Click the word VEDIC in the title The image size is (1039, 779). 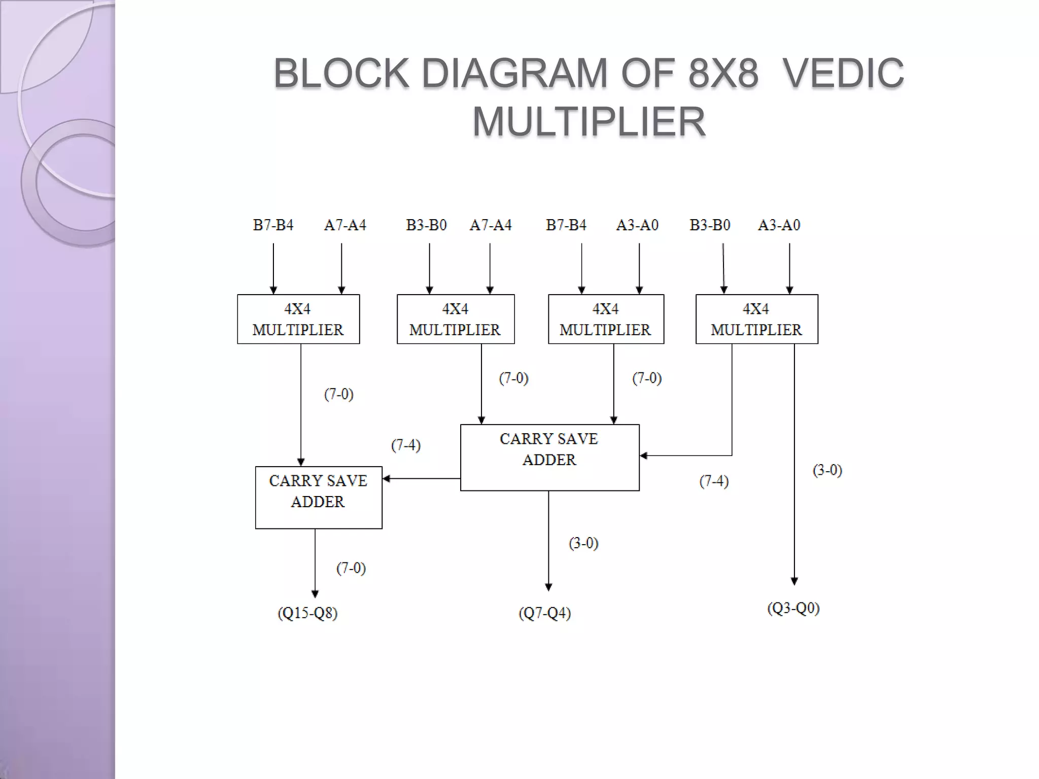tap(843, 74)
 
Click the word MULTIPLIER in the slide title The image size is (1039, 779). tap(588, 122)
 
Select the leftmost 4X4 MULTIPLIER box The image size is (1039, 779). tap(298, 319)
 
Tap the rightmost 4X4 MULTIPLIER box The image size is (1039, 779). tap(756, 319)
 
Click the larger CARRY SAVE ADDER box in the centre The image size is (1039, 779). tap(549, 457)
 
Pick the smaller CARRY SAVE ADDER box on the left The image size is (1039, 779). tap(318, 497)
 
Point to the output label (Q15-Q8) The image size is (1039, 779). tap(307, 613)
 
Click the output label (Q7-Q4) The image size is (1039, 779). tap(544, 613)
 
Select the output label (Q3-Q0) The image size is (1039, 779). tap(793, 608)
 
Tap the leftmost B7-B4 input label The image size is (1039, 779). tap(273, 225)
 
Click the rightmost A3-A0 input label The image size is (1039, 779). tap(779, 225)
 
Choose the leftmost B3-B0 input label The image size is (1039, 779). tap(426, 225)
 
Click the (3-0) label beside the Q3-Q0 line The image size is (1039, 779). tap(827, 470)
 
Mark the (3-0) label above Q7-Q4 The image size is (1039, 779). tap(583, 543)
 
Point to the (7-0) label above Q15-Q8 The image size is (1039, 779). tap(351, 568)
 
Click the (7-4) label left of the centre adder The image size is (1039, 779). tap(406, 445)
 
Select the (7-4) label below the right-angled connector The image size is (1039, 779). tap(714, 481)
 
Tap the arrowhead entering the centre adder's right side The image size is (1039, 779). tap(643, 455)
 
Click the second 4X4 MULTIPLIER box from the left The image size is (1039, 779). tap(455, 319)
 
